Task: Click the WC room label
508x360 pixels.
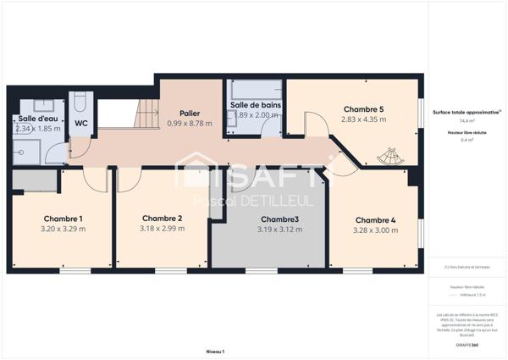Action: pos(81,123)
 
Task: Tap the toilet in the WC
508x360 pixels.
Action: pos(80,102)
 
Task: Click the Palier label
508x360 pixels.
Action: pos(190,113)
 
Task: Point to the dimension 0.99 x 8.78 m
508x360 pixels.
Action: pos(190,124)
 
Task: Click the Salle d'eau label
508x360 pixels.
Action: pos(38,119)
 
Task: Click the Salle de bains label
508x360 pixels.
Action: pos(255,105)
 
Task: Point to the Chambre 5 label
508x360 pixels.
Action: pos(363,109)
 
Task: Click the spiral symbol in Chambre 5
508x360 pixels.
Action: pos(390,157)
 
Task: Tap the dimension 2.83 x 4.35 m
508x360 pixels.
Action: pos(363,119)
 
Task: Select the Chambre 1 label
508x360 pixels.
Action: pos(62,218)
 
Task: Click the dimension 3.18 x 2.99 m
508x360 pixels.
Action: pos(162,228)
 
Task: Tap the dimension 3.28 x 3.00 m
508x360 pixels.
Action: pos(375,230)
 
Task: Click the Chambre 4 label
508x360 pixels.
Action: pos(375,219)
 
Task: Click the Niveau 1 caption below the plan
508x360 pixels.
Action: pos(216,351)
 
